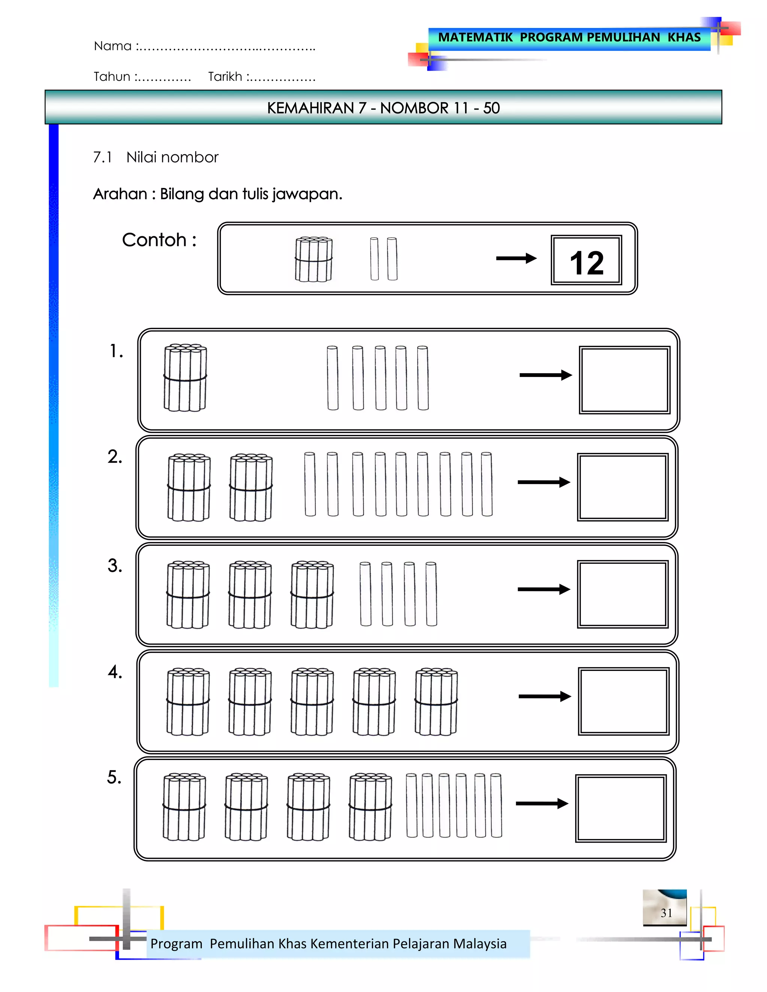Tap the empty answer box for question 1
(624, 380)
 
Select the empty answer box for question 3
(622, 594)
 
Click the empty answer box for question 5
(621, 808)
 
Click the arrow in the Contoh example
(516, 258)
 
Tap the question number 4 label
(115, 672)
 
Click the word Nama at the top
(112, 46)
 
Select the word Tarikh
(225, 77)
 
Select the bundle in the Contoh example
(313, 259)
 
